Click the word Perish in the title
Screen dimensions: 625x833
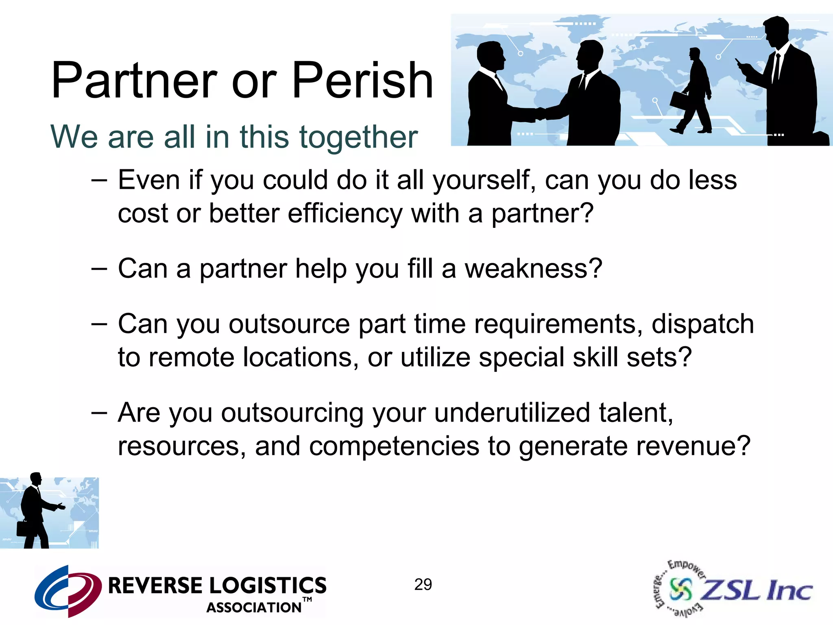(x=362, y=81)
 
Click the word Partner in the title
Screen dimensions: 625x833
(x=134, y=81)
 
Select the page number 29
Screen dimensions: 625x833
(x=423, y=585)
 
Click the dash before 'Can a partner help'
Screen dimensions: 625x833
(x=99, y=269)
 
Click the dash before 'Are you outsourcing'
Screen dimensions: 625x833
(x=99, y=413)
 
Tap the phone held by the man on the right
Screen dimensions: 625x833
(x=738, y=62)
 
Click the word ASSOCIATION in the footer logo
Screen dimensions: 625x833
(x=254, y=608)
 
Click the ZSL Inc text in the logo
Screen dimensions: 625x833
(x=757, y=590)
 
